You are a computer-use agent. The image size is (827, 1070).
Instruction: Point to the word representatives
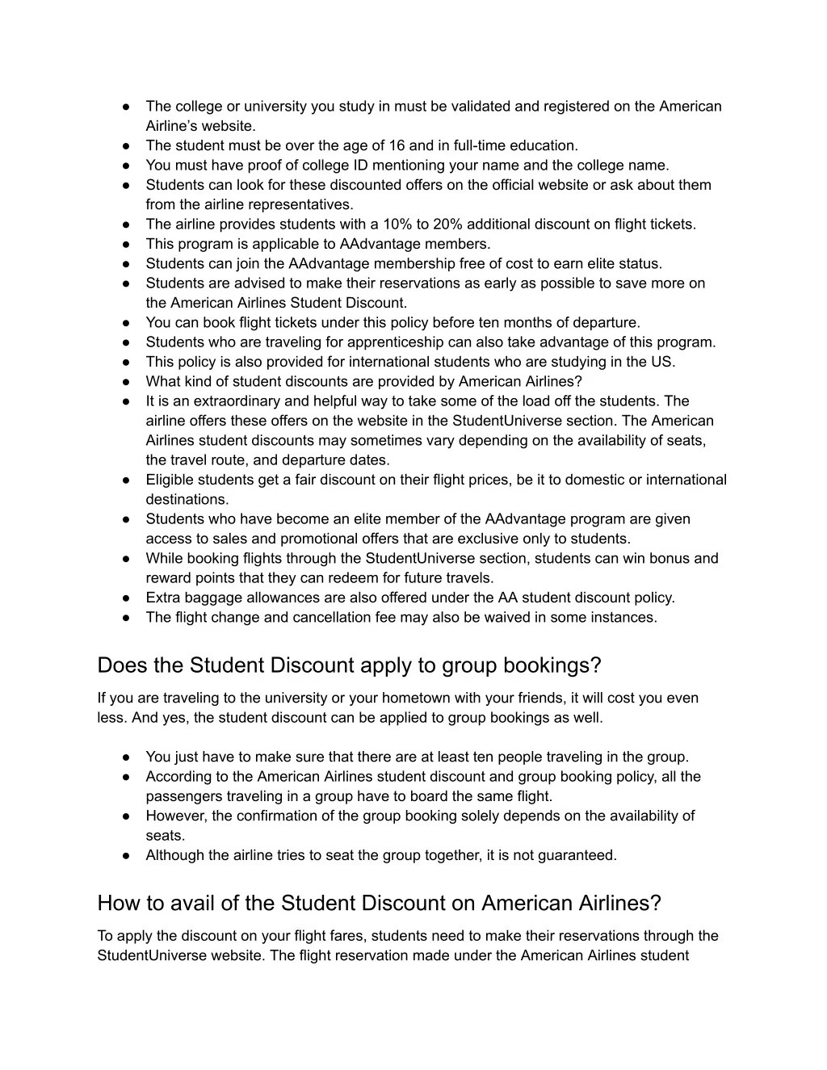click(306, 204)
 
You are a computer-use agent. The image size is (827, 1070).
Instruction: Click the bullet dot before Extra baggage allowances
click(128, 598)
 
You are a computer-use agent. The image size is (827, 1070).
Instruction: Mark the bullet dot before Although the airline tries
click(128, 855)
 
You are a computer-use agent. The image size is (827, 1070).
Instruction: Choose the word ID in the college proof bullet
click(334, 165)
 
